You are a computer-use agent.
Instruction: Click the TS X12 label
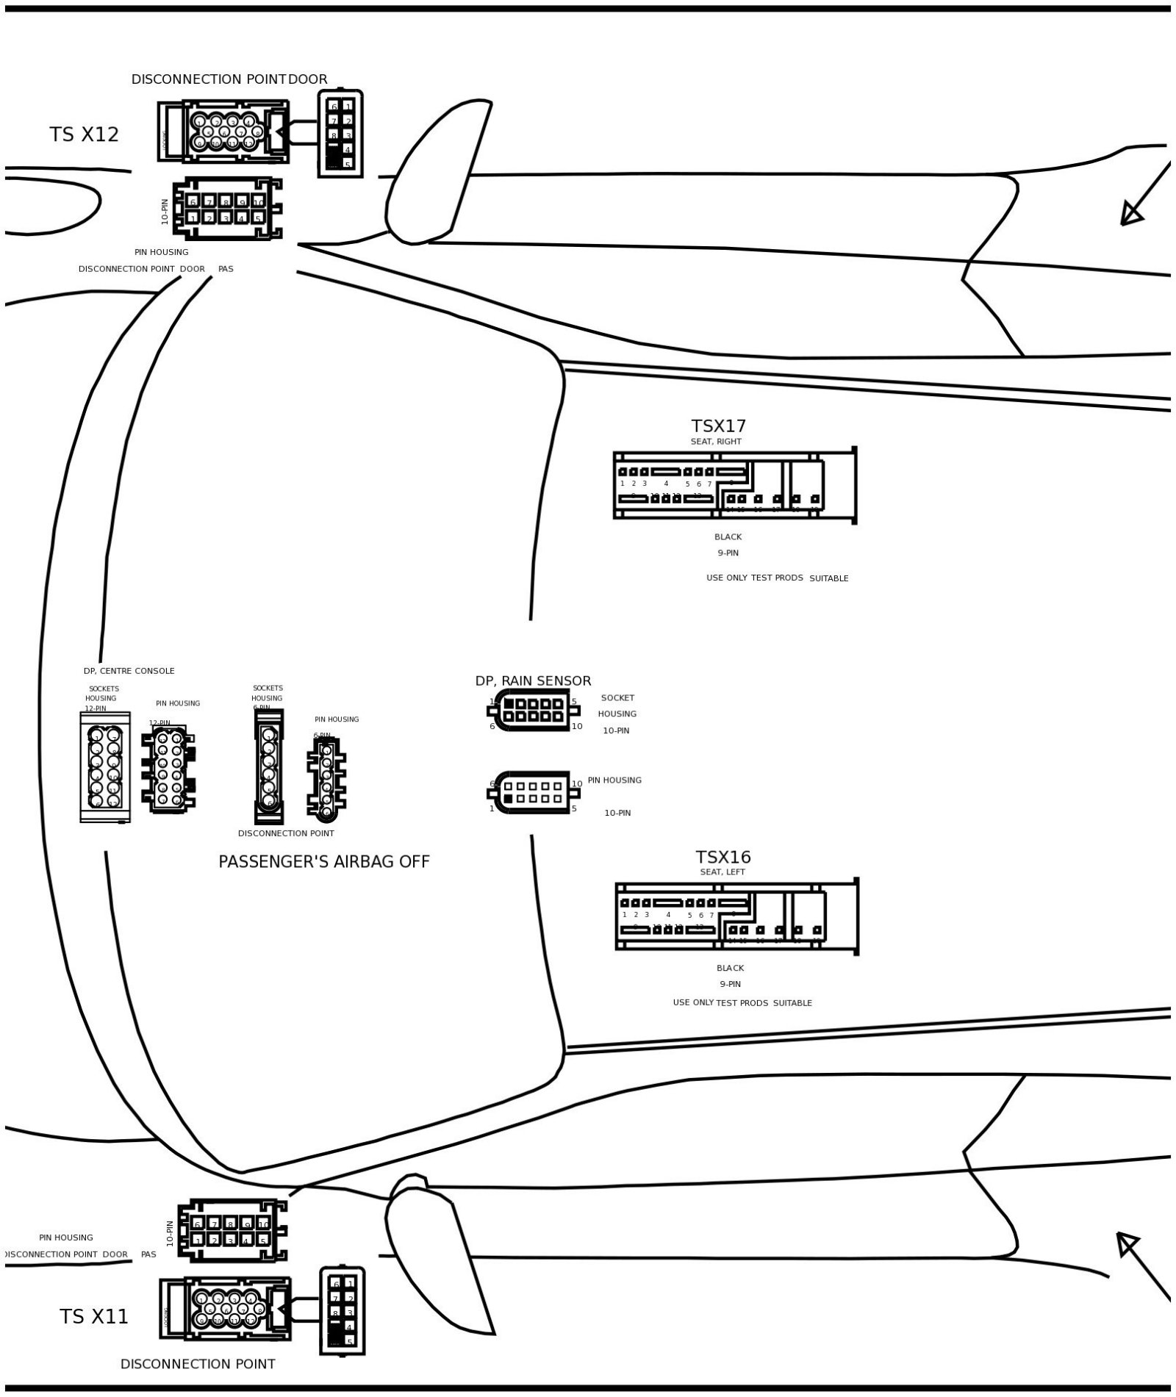(x=84, y=134)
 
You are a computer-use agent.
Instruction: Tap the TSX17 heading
(x=718, y=426)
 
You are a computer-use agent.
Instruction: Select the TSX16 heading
(x=723, y=858)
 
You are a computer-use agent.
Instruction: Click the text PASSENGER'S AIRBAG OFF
(x=324, y=862)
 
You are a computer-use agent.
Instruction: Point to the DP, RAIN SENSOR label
(x=533, y=681)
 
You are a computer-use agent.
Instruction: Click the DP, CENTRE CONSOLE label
(x=129, y=671)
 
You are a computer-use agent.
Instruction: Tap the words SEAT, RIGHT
(x=716, y=442)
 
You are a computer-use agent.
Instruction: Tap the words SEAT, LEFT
(x=723, y=872)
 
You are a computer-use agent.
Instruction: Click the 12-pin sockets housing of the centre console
(x=104, y=766)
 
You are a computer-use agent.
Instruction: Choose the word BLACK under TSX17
(x=728, y=537)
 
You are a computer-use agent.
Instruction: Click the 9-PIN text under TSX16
(x=730, y=984)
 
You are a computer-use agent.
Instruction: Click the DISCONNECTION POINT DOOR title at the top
(x=229, y=79)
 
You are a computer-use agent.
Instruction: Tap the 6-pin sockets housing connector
(x=268, y=766)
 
